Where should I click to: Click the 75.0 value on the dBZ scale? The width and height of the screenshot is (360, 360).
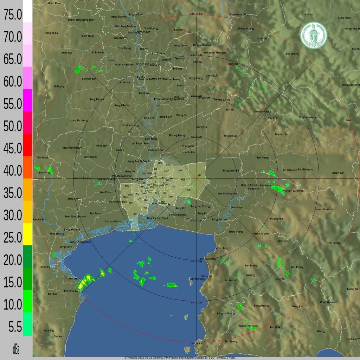[13, 15]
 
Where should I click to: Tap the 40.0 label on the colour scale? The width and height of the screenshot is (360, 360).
[13, 171]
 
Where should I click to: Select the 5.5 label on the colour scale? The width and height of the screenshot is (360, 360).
[15, 327]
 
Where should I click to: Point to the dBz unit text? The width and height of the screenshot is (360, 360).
[16, 349]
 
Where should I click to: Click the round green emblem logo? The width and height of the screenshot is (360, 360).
[313, 35]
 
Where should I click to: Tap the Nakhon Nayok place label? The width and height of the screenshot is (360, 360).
[262, 112]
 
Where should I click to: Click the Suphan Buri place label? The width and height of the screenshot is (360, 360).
[89, 79]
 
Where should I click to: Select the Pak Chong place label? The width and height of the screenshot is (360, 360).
[292, 54]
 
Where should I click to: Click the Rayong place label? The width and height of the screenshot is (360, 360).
[250, 275]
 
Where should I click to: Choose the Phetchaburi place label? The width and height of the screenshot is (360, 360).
[72, 291]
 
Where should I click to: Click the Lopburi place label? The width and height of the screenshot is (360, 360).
[179, 30]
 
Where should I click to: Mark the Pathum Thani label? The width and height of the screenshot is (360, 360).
[156, 150]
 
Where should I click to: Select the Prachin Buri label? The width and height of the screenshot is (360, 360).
[282, 134]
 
